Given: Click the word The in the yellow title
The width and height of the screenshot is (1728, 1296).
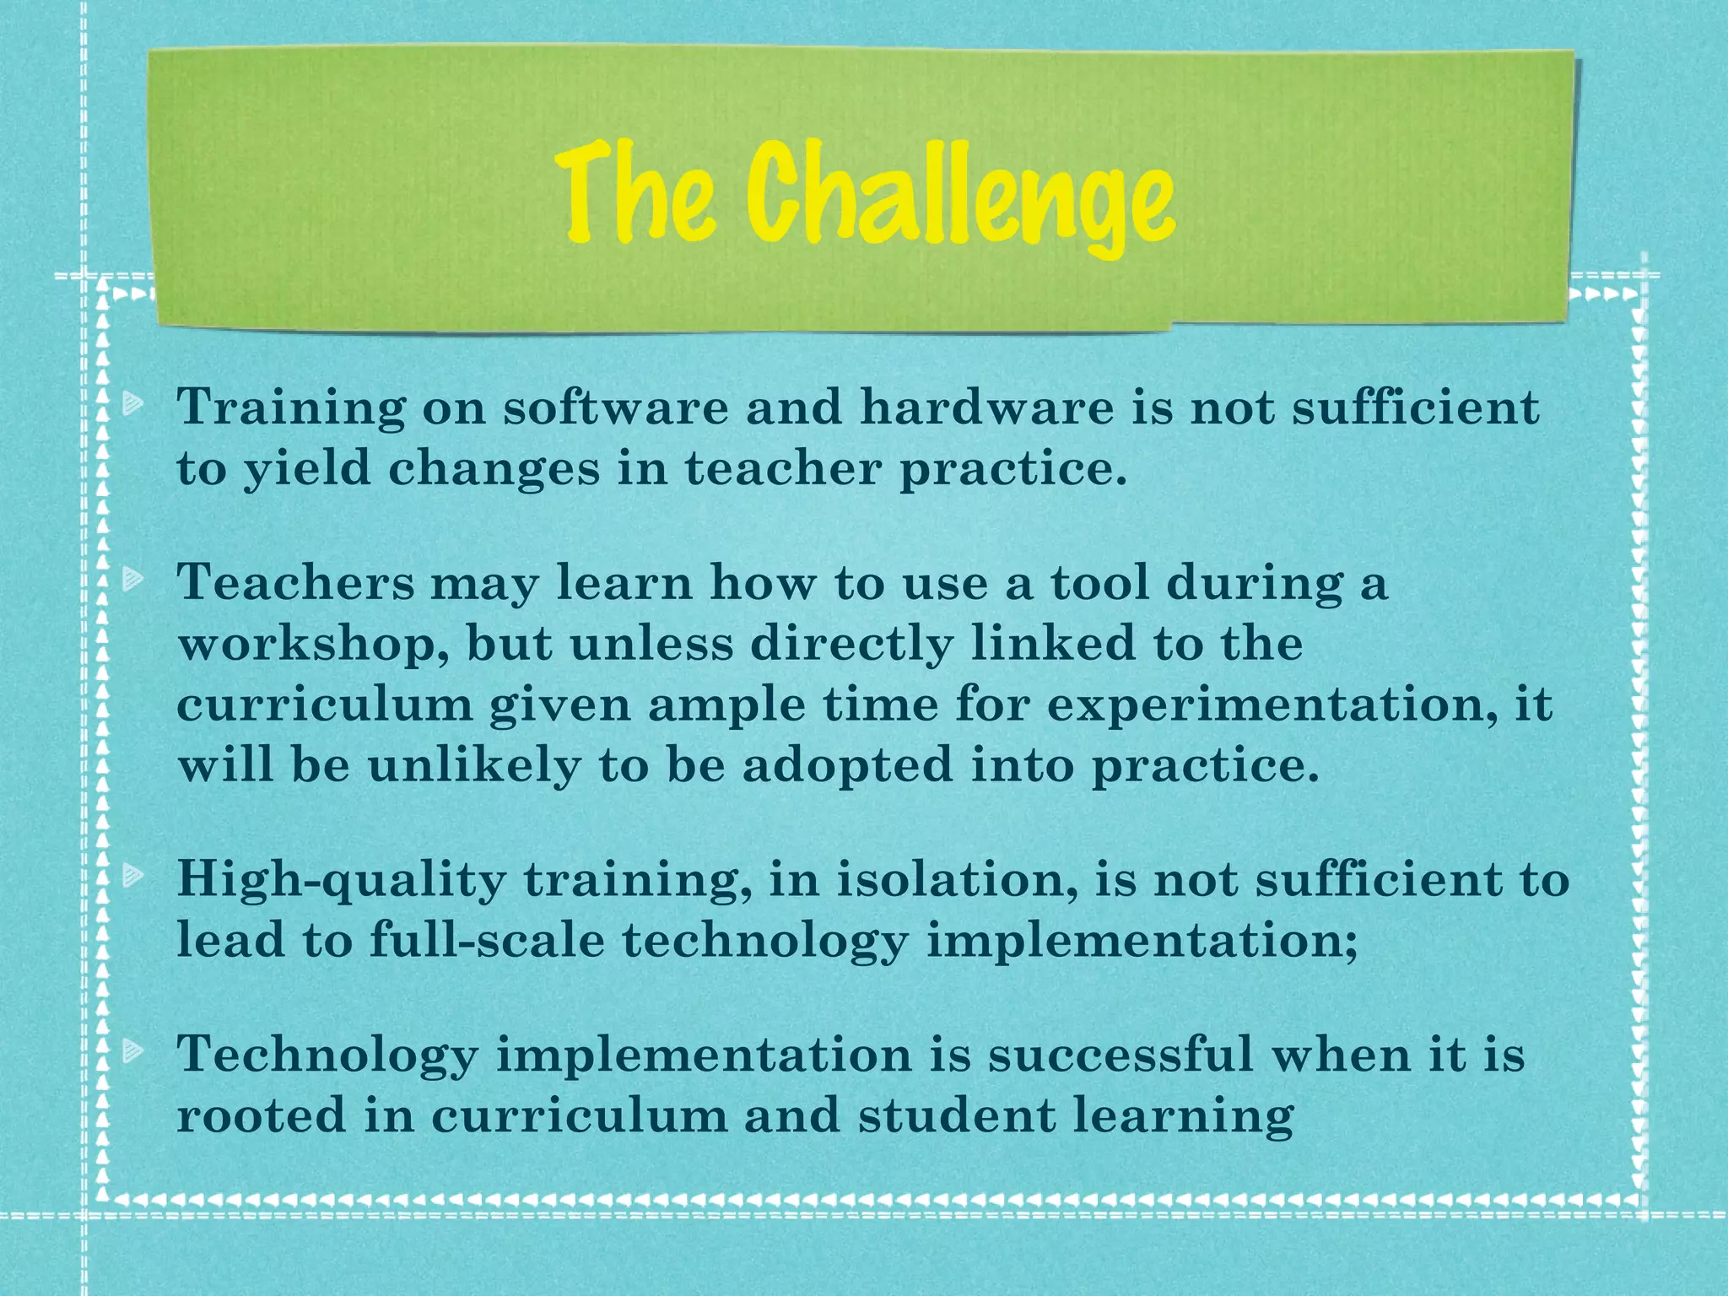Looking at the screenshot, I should [x=639, y=192].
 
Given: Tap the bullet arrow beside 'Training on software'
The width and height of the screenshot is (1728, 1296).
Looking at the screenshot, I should [x=132, y=406].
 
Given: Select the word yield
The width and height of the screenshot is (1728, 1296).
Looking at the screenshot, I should [x=307, y=469].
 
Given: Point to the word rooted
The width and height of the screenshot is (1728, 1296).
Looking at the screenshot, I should [x=261, y=1115].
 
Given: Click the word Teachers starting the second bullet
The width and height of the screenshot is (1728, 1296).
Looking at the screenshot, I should [x=295, y=583].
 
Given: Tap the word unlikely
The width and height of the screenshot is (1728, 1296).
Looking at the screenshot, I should [x=473, y=767].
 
